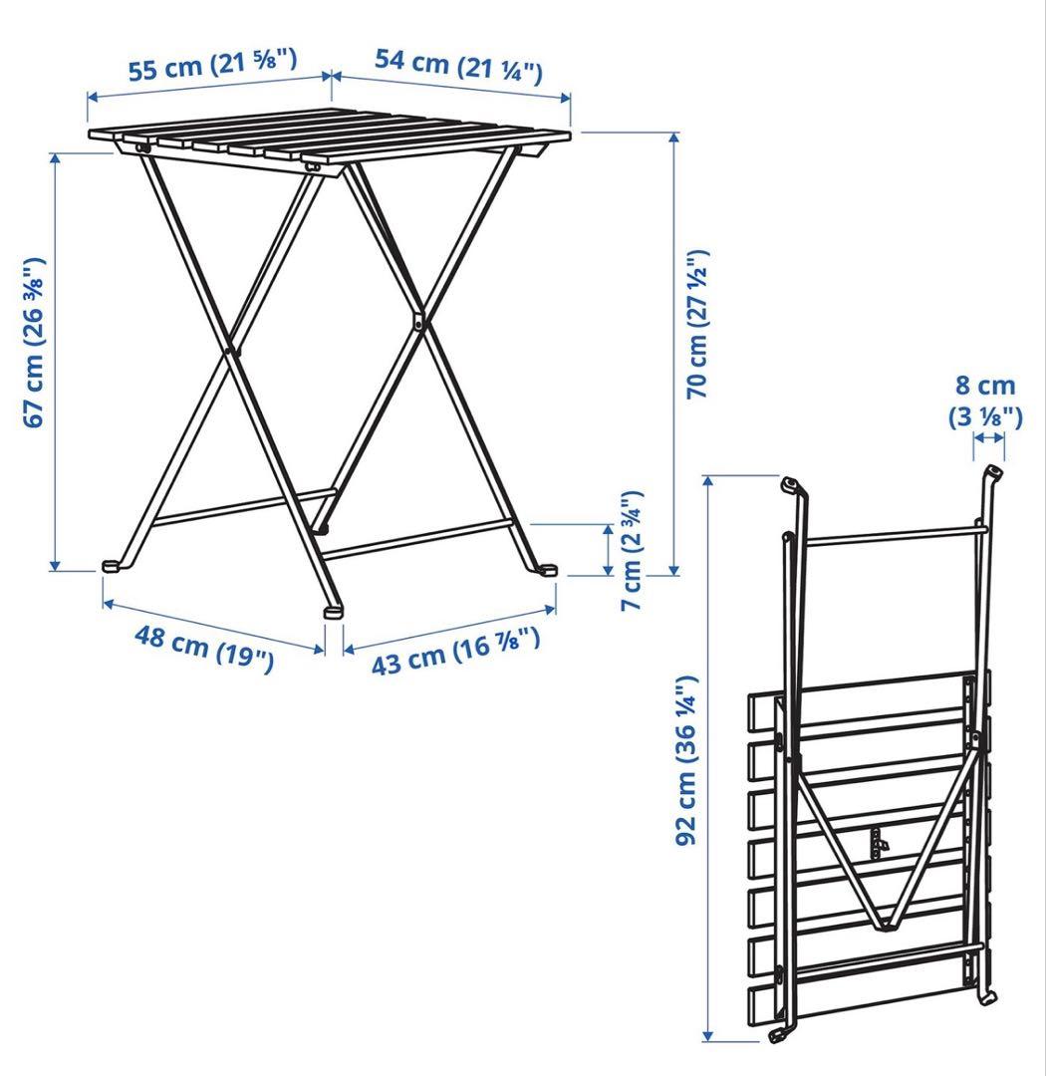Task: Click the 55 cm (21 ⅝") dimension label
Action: point(213,64)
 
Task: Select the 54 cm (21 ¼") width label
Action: point(458,65)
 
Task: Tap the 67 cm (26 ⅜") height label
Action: point(34,343)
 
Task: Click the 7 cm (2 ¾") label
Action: point(631,550)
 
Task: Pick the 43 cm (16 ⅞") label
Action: point(455,651)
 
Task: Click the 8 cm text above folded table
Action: point(985,386)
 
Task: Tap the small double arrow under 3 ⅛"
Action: point(988,437)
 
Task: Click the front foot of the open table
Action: point(333,611)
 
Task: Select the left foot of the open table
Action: point(112,566)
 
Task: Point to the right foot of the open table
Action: point(547,570)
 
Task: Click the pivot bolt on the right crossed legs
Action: point(418,320)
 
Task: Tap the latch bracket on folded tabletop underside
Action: point(878,843)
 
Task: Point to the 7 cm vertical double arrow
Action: point(608,550)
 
